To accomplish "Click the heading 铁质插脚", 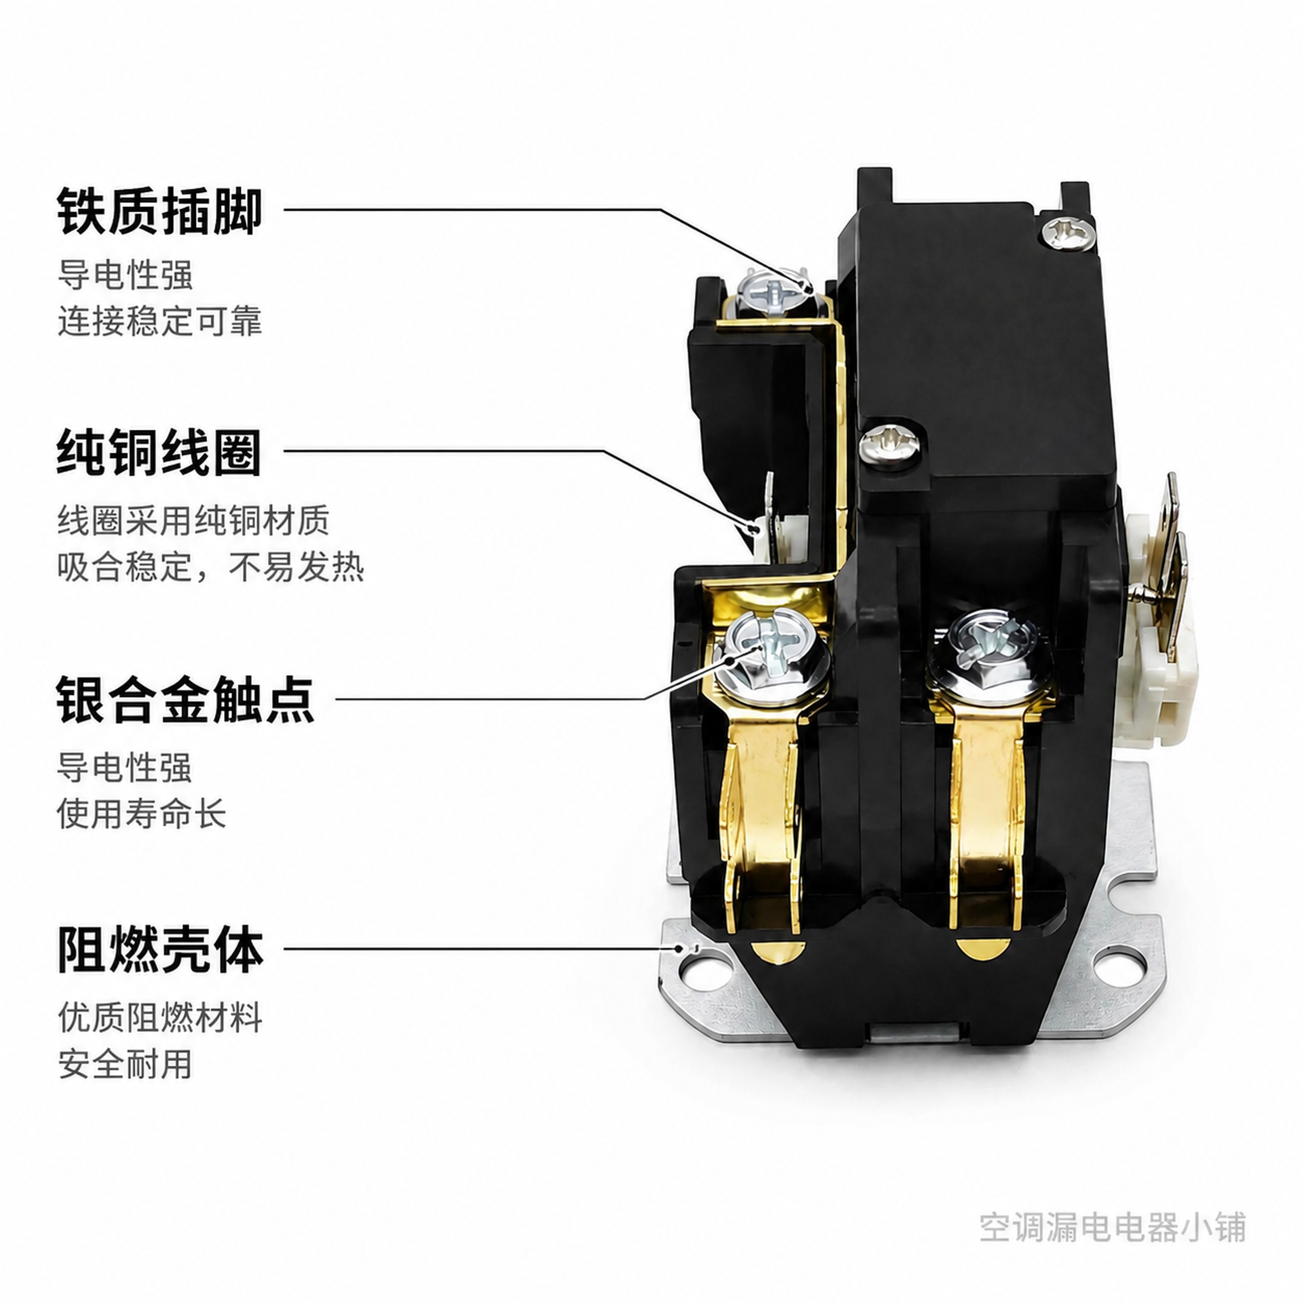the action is point(159,211).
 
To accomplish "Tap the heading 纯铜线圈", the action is point(159,452).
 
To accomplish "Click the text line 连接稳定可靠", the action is point(160,321).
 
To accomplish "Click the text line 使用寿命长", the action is point(142,813).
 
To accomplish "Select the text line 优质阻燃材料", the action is point(160,1017).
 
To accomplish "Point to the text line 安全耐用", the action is point(125,1064).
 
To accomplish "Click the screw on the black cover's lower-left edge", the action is point(889,444).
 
